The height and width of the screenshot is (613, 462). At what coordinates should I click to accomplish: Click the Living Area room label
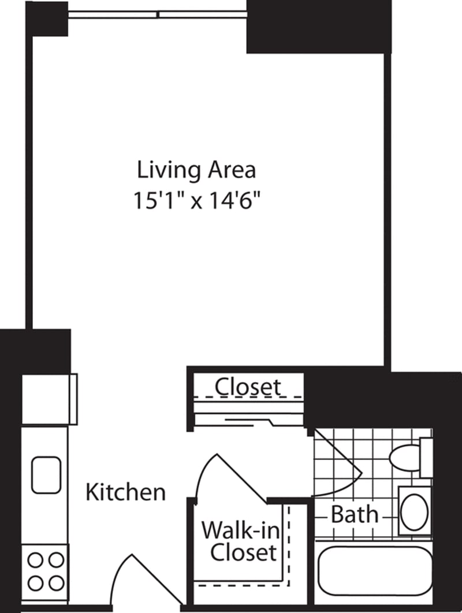[x=196, y=170]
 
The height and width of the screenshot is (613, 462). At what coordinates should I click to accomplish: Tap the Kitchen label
[x=125, y=492]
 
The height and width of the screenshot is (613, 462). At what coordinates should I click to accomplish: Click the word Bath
[x=355, y=514]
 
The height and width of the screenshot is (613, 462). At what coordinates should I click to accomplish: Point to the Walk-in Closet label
[x=239, y=541]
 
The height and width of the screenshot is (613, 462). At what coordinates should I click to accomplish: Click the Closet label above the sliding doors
[x=248, y=387]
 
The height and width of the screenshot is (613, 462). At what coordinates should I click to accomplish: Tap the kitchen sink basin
[x=46, y=475]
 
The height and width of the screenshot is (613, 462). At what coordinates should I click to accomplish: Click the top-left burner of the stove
[x=36, y=559]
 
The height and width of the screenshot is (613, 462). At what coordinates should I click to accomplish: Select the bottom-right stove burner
[x=56, y=583]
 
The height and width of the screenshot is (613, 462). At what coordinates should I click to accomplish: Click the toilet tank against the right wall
[x=426, y=457]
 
